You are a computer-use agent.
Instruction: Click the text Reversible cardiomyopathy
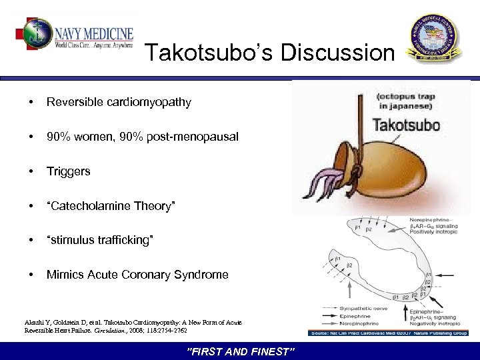(x=119, y=102)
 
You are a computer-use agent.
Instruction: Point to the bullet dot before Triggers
(x=30, y=171)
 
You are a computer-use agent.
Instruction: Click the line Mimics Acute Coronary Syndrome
(x=137, y=275)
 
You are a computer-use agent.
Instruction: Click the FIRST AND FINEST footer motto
(x=240, y=351)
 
